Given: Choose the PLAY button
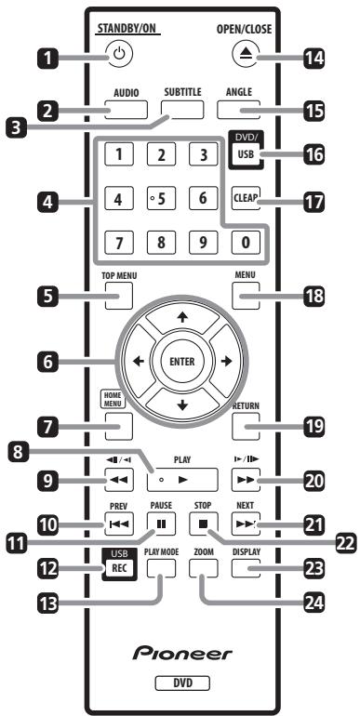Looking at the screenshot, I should tap(180, 478).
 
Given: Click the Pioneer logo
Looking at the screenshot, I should tap(180, 656).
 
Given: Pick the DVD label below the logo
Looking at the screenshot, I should tap(180, 690).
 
